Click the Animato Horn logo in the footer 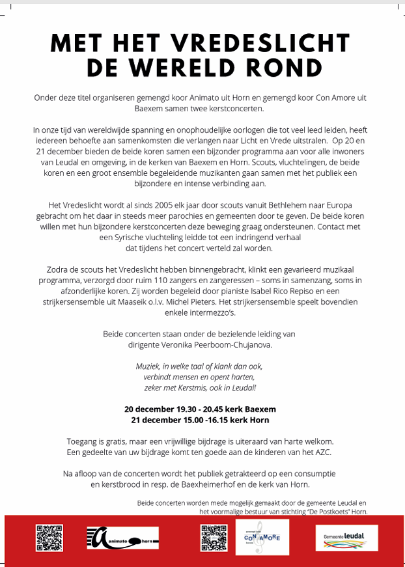tap(122, 537)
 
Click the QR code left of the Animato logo tap(49, 537)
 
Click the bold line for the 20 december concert tap(200, 409)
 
